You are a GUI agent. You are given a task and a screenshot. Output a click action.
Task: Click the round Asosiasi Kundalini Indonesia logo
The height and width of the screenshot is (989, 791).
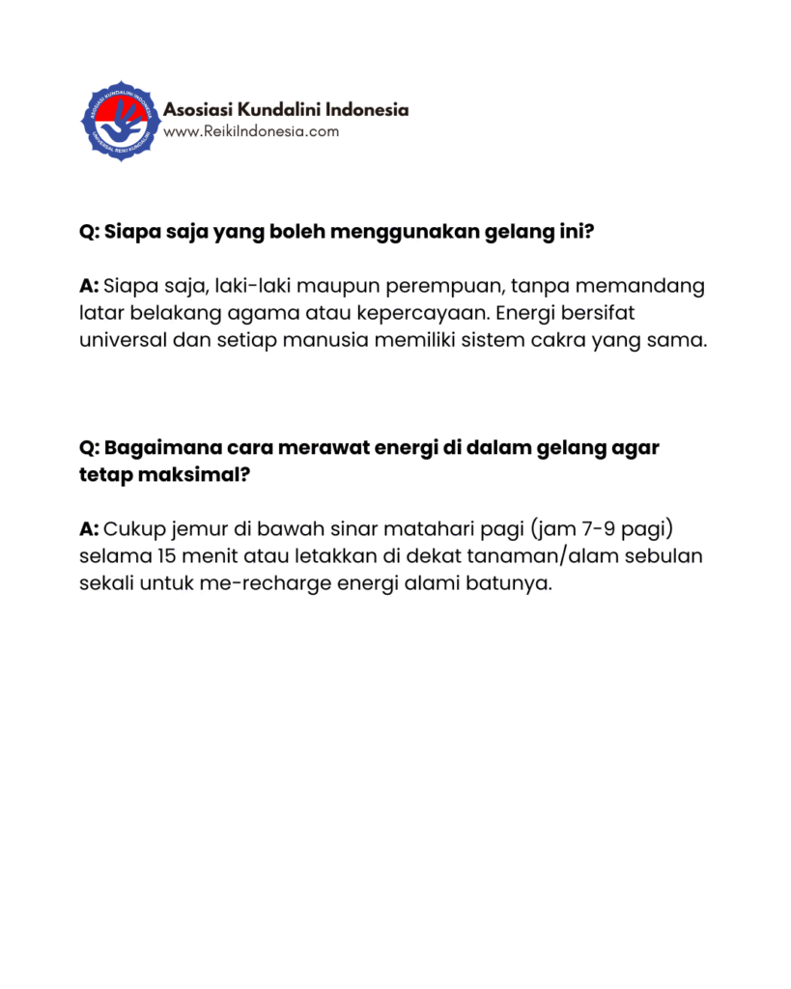(x=119, y=120)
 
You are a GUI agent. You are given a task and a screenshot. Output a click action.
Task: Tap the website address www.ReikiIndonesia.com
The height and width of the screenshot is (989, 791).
(x=251, y=131)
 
